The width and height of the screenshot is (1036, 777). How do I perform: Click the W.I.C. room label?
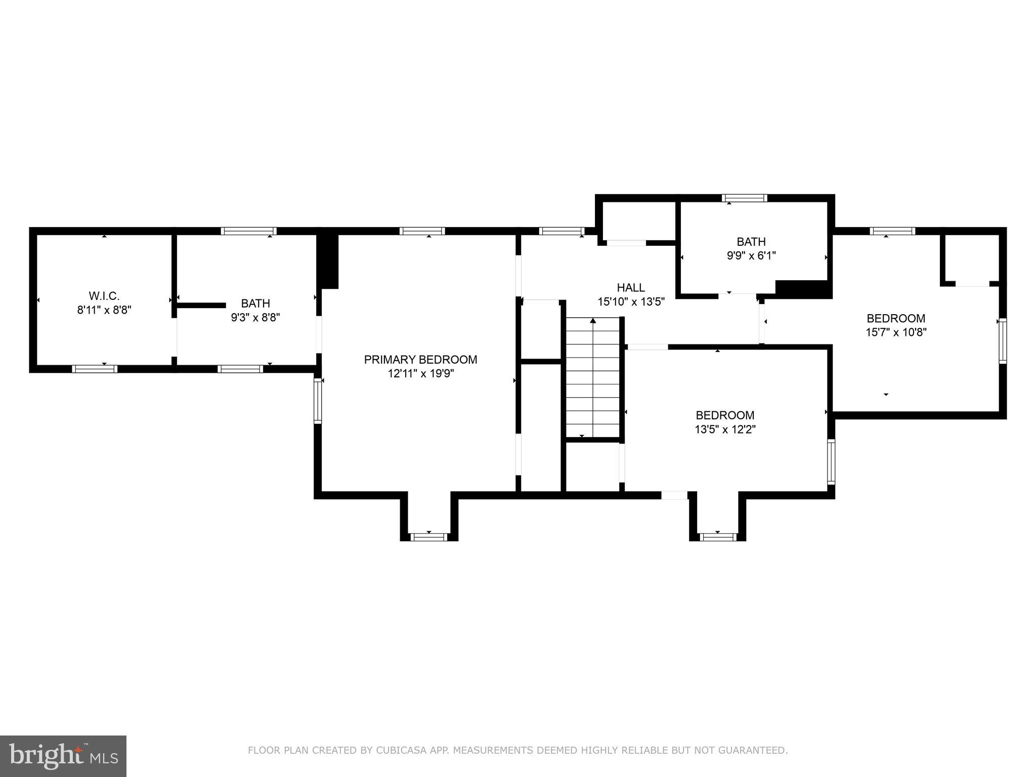pyautogui.click(x=104, y=296)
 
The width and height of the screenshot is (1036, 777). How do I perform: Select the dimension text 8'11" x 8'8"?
pyautogui.click(x=104, y=310)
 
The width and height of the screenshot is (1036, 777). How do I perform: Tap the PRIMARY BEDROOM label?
pyautogui.click(x=420, y=360)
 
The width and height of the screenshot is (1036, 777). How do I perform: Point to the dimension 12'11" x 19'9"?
pyautogui.click(x=420, y=374)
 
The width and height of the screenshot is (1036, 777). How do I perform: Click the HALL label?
pyautogui.click(x=631, y=288)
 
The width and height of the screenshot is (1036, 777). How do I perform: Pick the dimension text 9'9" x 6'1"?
pyautogui.click(x=751, y=256)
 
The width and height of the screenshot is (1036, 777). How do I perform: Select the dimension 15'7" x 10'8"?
pyautogui.click(x=896, y=332)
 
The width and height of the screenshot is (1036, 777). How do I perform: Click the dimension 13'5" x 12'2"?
pyautogui.click(x=725, y=429)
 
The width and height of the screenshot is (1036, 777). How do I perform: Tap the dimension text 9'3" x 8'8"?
pyautogui.click(x=255, y=318)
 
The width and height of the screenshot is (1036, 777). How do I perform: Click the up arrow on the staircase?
pyautogui.click(x=593, y=321)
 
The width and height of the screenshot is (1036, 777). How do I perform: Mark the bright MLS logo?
pyautogui.click(x=63, y=756)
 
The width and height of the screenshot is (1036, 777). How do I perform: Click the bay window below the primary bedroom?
pyautogui.click(x=429, y=537)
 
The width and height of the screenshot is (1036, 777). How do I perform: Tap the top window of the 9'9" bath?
pyautogui.click(x=744, y=198)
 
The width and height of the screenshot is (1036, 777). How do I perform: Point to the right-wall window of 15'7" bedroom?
pyautogui.click(x=1002, y=340)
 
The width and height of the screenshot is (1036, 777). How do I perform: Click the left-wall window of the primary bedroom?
pyautogui.click(x=318, y=401)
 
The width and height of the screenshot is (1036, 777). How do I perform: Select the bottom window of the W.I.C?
pyautogui.click(x=95, y=369)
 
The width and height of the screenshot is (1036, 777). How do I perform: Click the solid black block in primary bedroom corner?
pyautogui.click(x=328, y=261)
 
